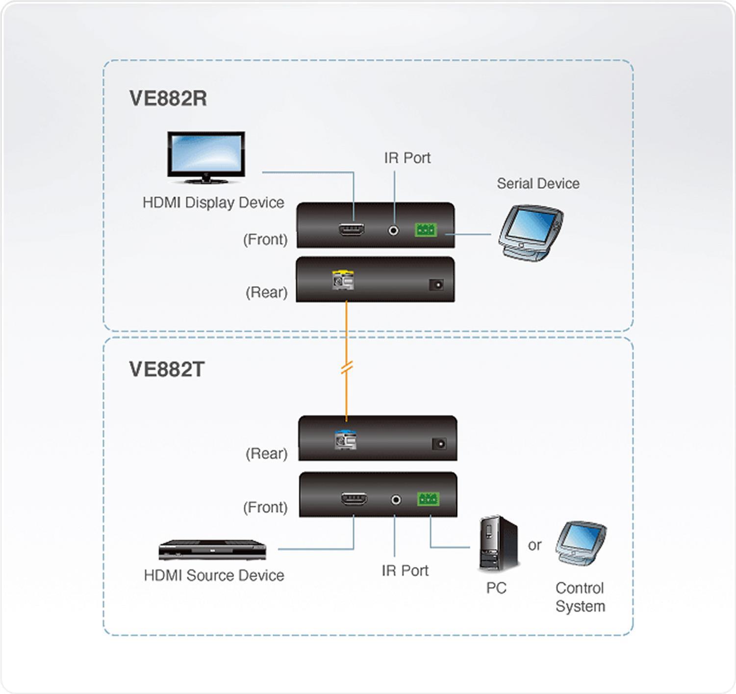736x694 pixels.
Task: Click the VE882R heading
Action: click(168, 98)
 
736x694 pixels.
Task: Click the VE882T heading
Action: click(167, 369)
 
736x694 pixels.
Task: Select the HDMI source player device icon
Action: click(212, 550)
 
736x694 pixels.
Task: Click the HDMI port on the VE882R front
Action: click(351, 229)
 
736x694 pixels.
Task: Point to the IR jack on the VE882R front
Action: click(393, 230)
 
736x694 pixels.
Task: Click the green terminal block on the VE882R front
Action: click(426, 229)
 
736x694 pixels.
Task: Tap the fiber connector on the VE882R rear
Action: click(343, 280)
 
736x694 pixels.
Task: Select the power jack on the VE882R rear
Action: click(436, 284)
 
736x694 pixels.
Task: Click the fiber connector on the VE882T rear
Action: click(345, 440)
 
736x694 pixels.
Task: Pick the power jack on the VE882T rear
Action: click(439, 444)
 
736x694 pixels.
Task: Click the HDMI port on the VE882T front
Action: click(354, 499)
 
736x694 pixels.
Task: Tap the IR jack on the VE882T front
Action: click(396, 500)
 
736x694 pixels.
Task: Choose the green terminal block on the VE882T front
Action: click(428, 499)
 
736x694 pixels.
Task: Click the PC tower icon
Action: click(498, 543)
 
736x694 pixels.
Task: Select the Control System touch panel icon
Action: click(581, 544)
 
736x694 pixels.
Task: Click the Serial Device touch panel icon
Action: click(531, 232)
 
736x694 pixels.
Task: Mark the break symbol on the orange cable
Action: click(347, 368)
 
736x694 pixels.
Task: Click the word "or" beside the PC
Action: click(534, 545)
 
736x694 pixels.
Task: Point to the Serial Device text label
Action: click(538, 183)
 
